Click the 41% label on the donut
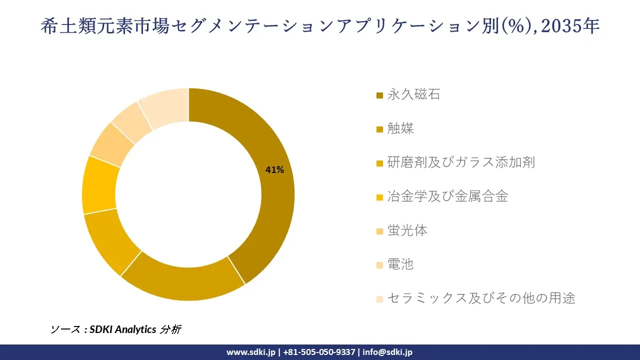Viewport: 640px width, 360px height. click(x=274, y=170)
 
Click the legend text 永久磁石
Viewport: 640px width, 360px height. click(x=413, y=94)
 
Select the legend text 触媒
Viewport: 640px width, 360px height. click(x=400, y=128)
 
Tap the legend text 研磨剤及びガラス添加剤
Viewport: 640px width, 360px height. click(x=461, y=162)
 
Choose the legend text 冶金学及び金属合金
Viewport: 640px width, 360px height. click(x=447, y=196)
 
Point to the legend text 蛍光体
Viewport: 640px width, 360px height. click(x=407, y=230)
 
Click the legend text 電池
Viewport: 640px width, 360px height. click(x=400, y=264)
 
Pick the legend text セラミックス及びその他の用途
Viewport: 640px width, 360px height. click(x=481, y=298)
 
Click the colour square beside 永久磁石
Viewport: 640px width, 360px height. click(x=379, y=95)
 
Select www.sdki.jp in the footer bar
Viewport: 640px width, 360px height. click(x=251, y=352)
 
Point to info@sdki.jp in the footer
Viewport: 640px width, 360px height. click(x=387, y=352)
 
